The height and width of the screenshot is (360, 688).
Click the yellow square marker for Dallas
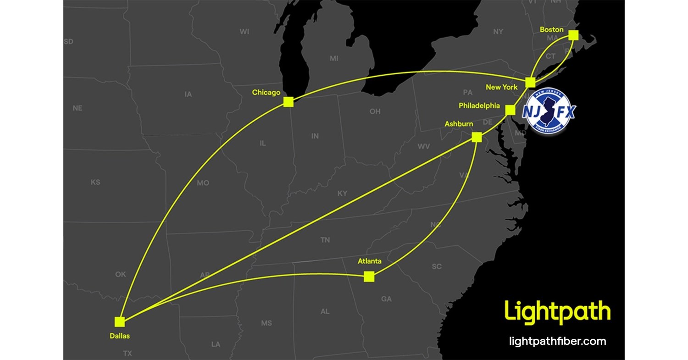click(120, 321)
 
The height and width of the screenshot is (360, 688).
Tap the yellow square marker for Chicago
click(288, 102)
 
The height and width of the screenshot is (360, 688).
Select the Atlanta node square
click(369, 277)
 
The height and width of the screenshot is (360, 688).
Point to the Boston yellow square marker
click(573, 35)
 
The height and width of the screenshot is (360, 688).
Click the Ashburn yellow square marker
click(477, 137)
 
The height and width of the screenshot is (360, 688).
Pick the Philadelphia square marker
click(510, 110)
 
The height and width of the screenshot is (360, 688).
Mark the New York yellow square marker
click(530, 83)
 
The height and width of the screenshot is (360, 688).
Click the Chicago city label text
click(266, 93)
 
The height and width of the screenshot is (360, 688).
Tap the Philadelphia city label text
click(479, 105)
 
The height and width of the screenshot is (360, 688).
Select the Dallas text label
click(120, 336)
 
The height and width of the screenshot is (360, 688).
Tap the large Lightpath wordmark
click(557, 312)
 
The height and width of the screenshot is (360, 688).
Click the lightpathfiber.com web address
click(558, 341)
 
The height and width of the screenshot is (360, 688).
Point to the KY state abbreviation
click(342, 194)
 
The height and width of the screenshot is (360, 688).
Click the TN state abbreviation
click(325, 239)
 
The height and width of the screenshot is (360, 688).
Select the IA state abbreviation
click(188, 94)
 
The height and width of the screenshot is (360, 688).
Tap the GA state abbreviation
click(386, 299)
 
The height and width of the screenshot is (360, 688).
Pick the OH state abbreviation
click(375, 111)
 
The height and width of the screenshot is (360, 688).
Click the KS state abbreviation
click(95, 182)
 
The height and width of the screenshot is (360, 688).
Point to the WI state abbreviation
click(244, 32)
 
